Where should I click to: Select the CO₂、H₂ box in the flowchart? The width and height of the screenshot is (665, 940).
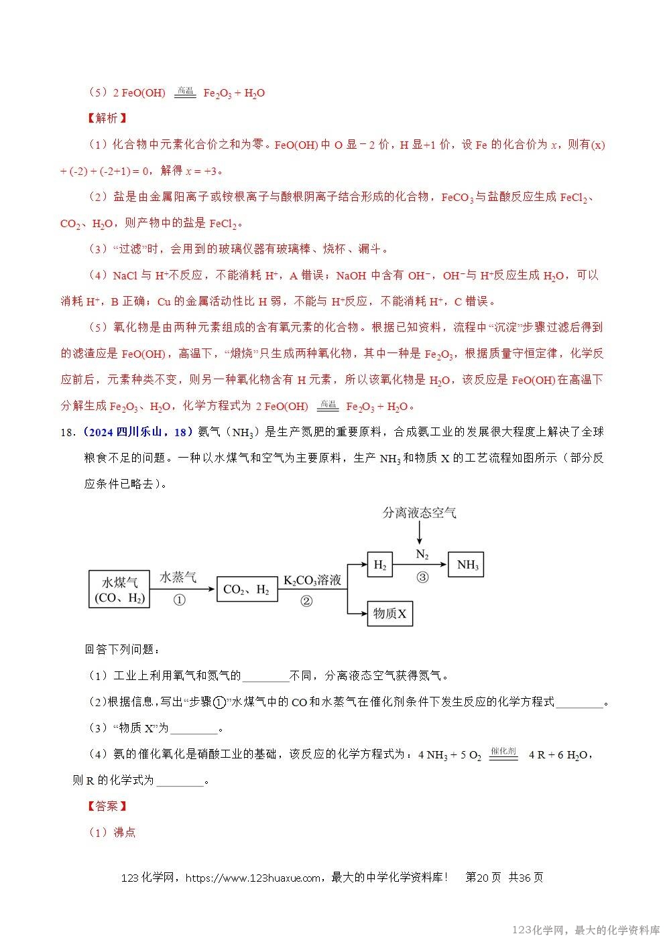(246, 590)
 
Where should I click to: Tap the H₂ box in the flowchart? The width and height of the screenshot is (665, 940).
(380, 565)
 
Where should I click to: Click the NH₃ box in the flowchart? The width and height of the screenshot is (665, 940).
(468, 565)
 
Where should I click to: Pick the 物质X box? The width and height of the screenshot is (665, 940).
(390, 613)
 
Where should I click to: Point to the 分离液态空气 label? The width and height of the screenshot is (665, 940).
(419, 513)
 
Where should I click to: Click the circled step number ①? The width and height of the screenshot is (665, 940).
(179, 600)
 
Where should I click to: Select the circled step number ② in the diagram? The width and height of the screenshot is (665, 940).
(306, 600)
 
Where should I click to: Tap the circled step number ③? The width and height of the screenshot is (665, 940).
(422, 577)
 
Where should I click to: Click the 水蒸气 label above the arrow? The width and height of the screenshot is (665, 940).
(178, 577)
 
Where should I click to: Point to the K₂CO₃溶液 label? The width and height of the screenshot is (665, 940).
(312, 580)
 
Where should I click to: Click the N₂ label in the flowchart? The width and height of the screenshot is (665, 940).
(422, 554)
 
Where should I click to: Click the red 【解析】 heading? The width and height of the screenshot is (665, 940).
(107, 118)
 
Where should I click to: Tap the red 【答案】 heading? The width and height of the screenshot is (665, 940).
(107, 806)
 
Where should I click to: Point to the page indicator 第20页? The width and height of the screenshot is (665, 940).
(483, 878)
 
